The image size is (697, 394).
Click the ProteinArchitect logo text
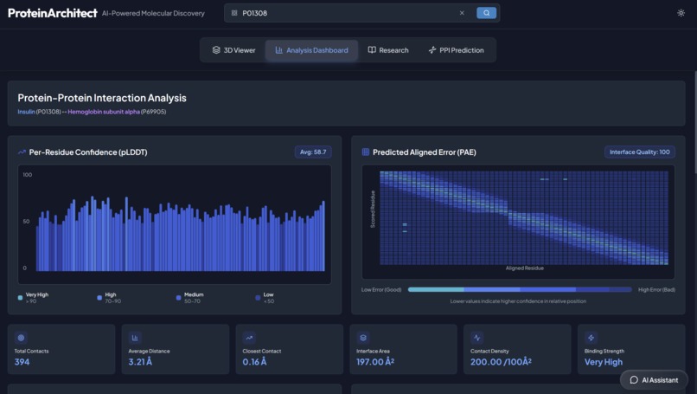click(x=52, y=13)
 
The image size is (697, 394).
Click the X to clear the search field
click(x=462, y=13)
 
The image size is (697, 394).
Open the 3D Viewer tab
click(x=233, y=50)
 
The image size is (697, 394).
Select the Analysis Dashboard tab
click(x=311, y=50)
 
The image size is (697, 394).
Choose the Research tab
click(x=388, y=50)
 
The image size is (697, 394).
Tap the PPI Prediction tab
click(x=456, y=50)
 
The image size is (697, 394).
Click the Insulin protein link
click(x=26, y=112)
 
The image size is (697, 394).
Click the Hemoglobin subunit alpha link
click(x=104, y=112)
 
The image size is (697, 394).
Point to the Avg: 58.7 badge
click(x=312, y=152)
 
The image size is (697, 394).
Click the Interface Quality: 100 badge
click(x=639, y=152)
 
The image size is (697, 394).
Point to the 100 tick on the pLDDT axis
click(x=28, y=175)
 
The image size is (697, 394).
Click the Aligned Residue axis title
click(x=524, y=268)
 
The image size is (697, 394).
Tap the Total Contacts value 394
click(x=22, y=362)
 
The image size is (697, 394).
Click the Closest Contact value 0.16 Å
click(x=254, y=362)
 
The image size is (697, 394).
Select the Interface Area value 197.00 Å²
click(x=375, y=362)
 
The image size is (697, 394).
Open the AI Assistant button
click(x=654, y=379)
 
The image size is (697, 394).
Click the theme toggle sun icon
click(x=681, y=13)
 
